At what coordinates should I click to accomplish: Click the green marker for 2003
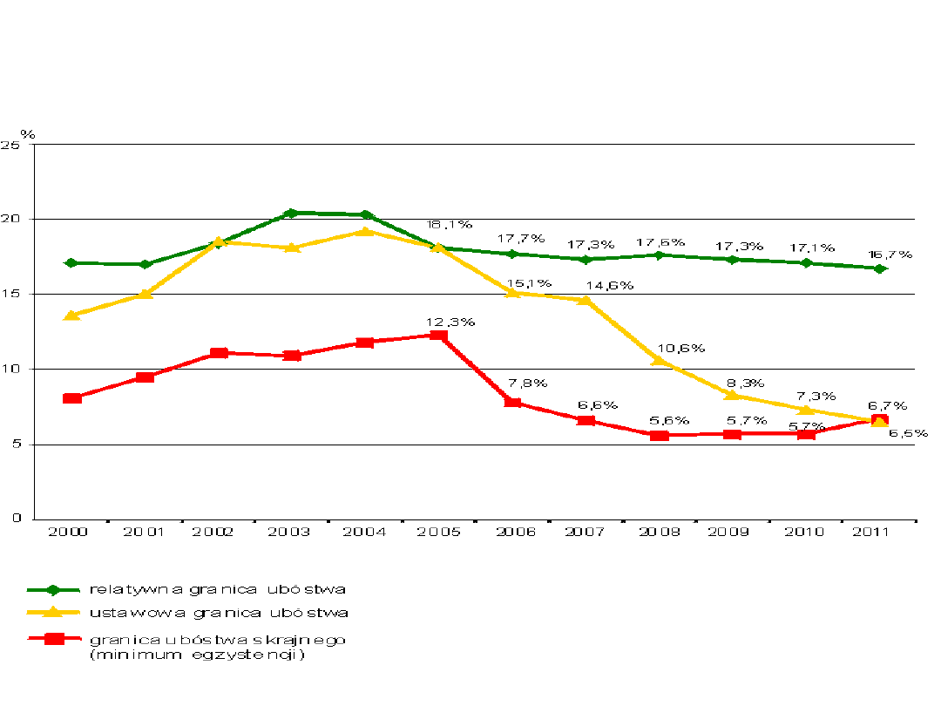(x=292, y=213)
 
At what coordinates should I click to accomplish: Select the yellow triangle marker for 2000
(x=72, y=315)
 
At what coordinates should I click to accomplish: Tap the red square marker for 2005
(x=438, y=336)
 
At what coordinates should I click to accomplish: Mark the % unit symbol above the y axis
(x=28, y=134)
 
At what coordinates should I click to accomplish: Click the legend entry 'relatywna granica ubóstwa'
(x=218, y=590)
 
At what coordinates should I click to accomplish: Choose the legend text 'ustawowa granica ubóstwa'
(x=218, y=614)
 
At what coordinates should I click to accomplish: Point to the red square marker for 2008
(x=660, y=434)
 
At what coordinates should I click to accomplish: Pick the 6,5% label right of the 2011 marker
(x=908, y=433)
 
